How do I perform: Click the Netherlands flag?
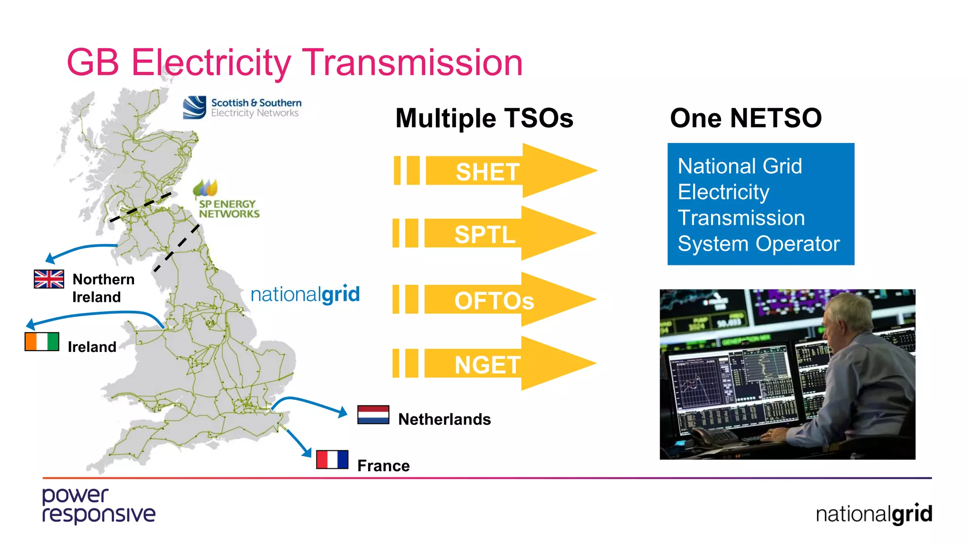pos(373,415)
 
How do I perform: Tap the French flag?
pos(332,459)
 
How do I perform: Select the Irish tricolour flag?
pos(42,342)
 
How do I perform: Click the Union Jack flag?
pos(49,279)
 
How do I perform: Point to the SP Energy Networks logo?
pos(226,200)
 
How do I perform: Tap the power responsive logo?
pos(98,506)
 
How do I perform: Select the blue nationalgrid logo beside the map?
pos(305,294)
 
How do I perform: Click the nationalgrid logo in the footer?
pos(873,514)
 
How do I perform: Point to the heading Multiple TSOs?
pos(484,118)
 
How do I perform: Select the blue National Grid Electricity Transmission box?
pos(760,204)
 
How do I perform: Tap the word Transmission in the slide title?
pos(412,62)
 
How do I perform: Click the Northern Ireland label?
pos(103,288)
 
